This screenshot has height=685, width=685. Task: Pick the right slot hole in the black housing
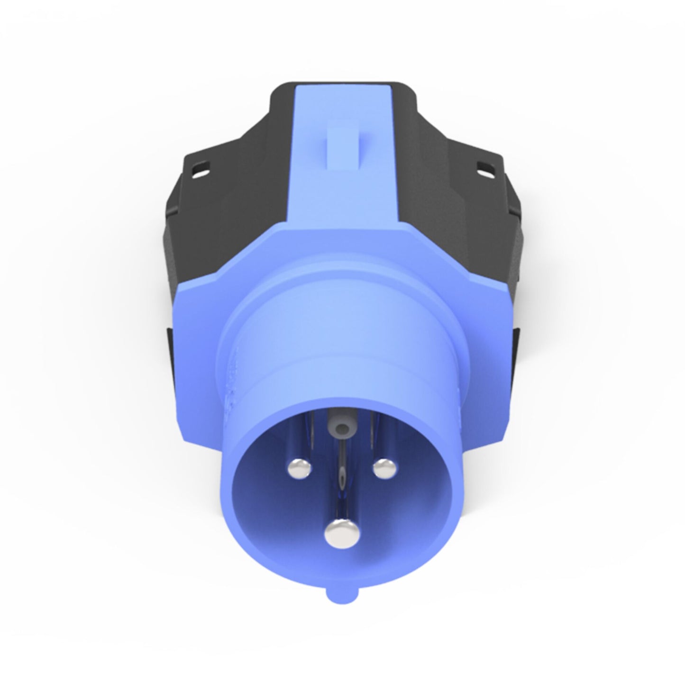(484, 167)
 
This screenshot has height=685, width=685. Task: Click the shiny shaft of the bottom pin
(339, 502)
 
